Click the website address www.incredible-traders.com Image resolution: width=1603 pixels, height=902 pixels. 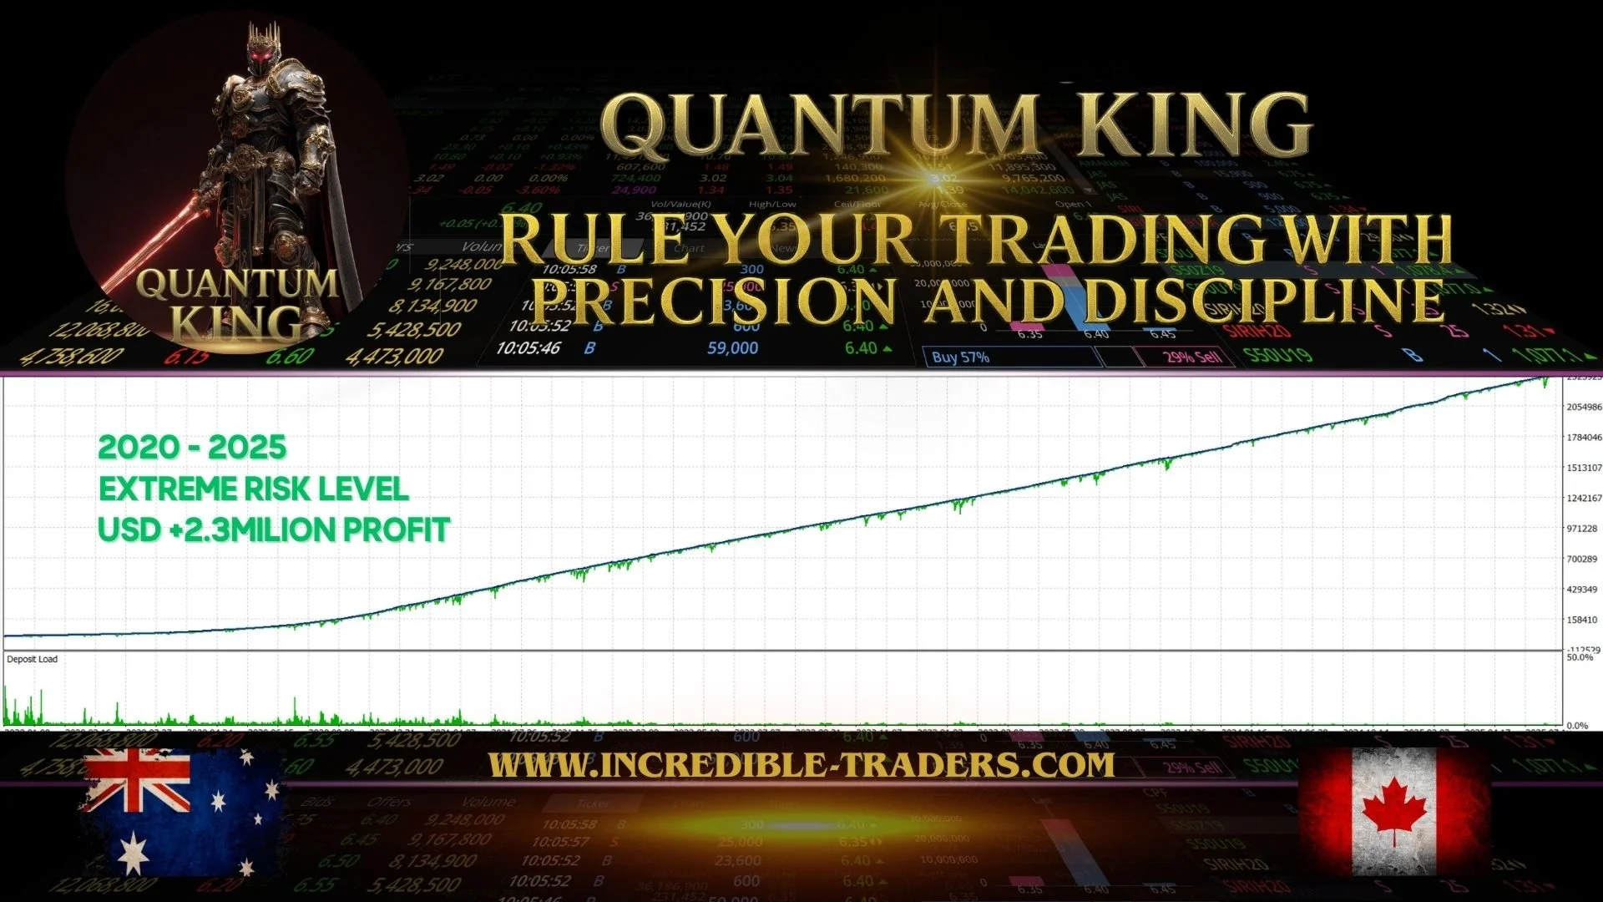click(x=801, y=764)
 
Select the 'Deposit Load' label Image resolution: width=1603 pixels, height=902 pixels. click(x=33, y=659)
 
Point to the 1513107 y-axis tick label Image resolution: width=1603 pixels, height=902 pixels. click(x=1583, y=468)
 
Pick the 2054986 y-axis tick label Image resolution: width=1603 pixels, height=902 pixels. click(x=1583, y=407)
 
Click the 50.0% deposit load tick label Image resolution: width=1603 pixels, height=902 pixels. click(x=1579, y=658)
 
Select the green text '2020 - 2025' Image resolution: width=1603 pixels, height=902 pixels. click(x=192, y=448)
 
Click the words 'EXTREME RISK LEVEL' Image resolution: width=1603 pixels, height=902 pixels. click(x=254, y=489)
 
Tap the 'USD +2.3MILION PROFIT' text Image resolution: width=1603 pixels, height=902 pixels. click(x=274, y=530)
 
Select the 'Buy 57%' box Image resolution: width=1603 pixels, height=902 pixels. click(x=960, y=357)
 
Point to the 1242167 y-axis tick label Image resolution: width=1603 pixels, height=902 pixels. click(x=1583, y=498)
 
